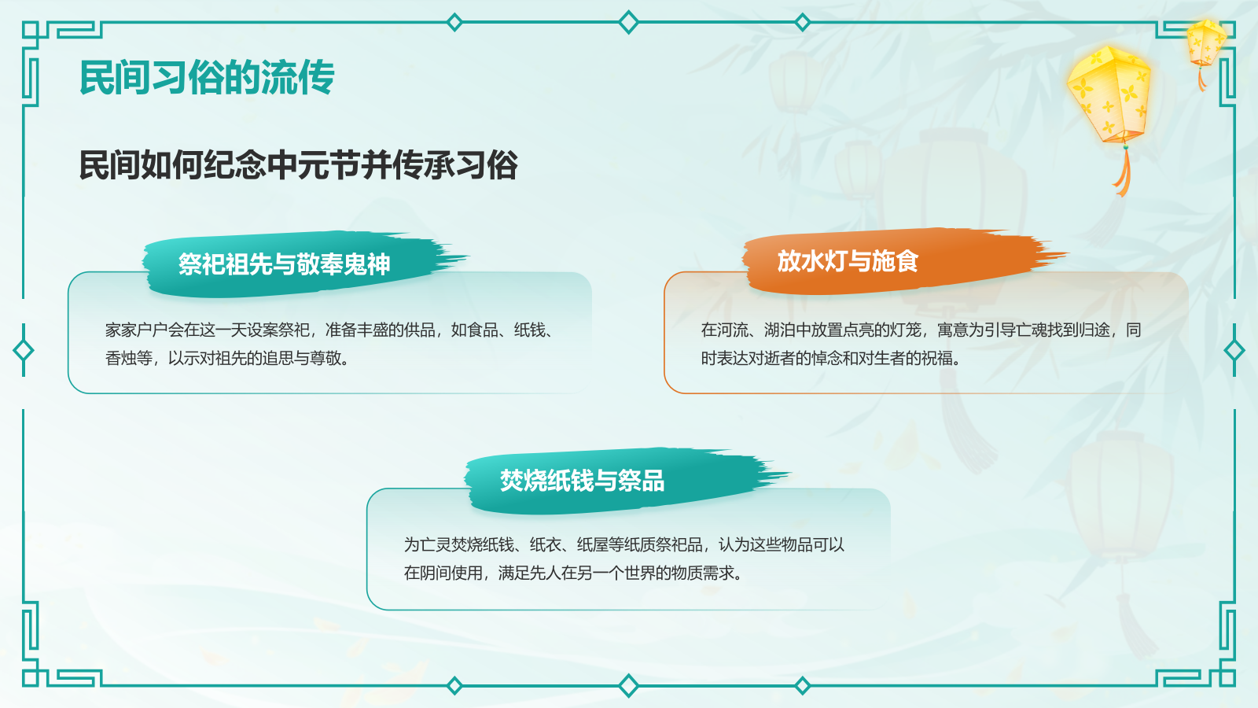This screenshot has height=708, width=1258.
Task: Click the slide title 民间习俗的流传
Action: coord(207,77)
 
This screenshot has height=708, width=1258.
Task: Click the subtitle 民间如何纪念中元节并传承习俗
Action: coord(298,165)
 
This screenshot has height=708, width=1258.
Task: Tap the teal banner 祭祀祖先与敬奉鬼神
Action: coord(284,264)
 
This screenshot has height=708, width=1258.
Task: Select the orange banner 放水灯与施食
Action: coord(848,261)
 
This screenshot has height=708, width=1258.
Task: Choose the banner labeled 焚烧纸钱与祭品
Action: coord(582,481)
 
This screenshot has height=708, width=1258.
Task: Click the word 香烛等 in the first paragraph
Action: coord(129,359)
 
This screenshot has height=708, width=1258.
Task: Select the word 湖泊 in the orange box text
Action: coord(780,330)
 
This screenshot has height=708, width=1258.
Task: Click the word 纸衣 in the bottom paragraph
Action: coord(546,545)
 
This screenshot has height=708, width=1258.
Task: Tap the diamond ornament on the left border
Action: coord(24,350)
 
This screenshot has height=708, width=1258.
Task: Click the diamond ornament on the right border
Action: coord(1234,350)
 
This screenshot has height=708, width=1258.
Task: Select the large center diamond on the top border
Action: coord(628,22)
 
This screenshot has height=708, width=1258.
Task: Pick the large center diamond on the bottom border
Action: coord(628,686)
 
